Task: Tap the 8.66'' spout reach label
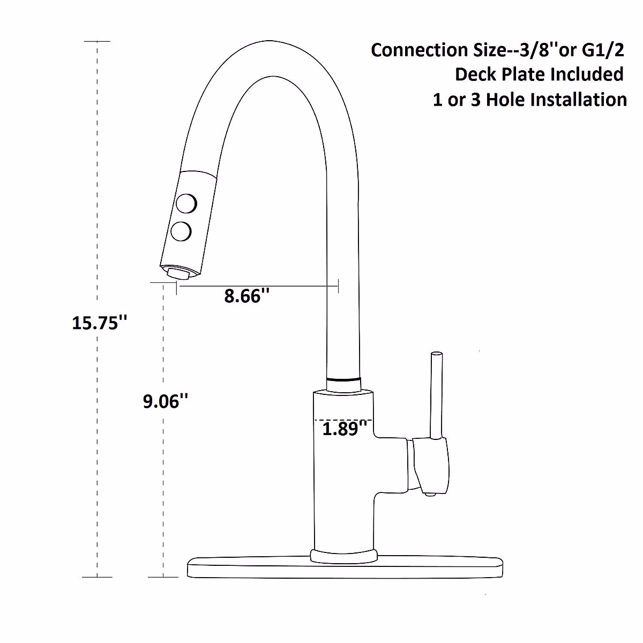coord(246,296)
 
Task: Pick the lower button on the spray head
coord(181,231)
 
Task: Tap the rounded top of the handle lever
coord(437,355)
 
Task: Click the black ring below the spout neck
coord(343,379)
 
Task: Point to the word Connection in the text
coord(412,50)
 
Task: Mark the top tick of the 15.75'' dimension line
coord(97,41)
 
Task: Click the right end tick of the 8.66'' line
coord(338,287)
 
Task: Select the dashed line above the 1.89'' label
coord(343,420)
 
